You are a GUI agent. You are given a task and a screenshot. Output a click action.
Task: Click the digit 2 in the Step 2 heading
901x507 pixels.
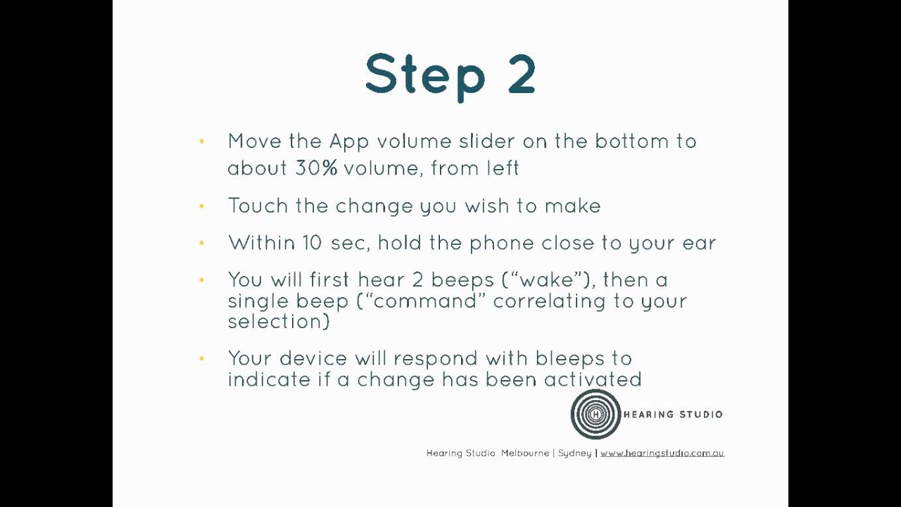(x=521, y=74)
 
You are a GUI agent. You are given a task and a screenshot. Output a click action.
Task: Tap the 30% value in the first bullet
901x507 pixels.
(x=316, y=168)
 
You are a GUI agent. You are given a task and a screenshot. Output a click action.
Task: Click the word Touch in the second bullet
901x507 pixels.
(x=258, y=206)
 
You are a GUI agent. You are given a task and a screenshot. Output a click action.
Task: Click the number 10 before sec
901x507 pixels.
(x=313, y=243)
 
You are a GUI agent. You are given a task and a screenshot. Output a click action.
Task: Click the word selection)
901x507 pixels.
(x=278, y=321)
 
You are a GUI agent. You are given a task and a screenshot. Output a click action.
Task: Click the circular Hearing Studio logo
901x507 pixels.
(x=596, y=415)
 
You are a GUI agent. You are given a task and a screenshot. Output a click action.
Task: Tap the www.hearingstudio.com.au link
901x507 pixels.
(x=662, y=453)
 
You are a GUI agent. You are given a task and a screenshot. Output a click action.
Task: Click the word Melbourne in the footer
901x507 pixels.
(x=525, y=453)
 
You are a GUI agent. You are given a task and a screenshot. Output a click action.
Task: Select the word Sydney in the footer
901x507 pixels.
(x=574, y=453)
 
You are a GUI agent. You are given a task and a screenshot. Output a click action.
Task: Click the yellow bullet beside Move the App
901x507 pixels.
(x=202, y=142)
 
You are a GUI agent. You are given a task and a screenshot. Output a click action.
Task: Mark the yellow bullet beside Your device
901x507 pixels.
(x=202, y=358)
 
